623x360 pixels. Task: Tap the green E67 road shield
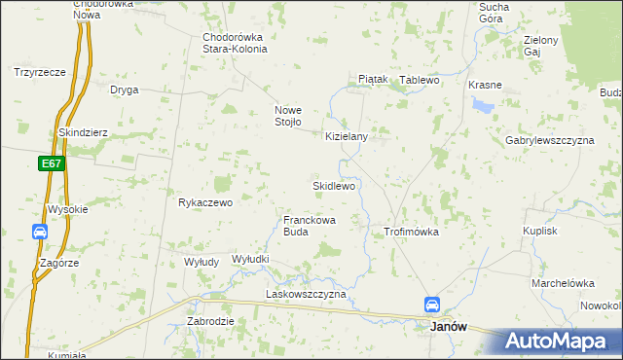(x=53, y=164)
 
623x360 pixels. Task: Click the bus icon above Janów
(x=431, y=305)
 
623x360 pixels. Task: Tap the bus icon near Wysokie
(x=40, y=232)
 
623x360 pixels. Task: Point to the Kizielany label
(x=346, y=137)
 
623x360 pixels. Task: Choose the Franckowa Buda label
(x=310, y=226)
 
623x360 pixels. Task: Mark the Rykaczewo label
(x=204, y=202)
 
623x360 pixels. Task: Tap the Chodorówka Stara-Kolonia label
(x=233, y=44)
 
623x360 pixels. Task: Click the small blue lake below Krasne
(x=481, y=104)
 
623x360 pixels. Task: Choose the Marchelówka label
(x=562, y=283)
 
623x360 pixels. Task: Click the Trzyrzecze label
(x=39, y=71)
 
